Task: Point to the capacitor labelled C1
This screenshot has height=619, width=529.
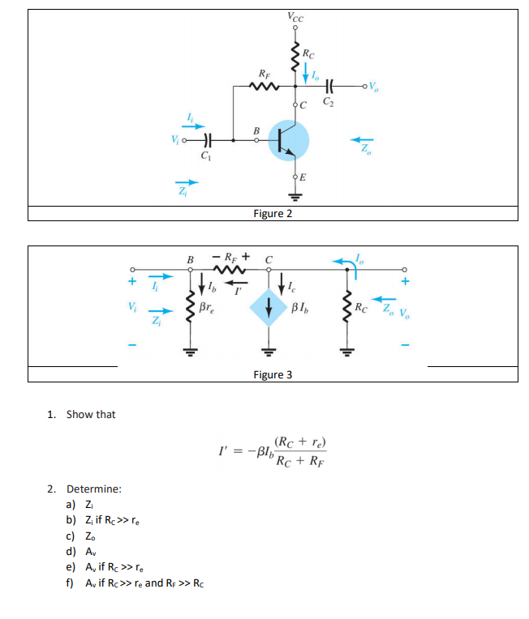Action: tap(207, 139)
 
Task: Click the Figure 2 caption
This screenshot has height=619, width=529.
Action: tap(273, 214)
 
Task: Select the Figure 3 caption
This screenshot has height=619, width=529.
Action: tap(273, 374)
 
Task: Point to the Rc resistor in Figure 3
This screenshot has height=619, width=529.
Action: tap(350, 306)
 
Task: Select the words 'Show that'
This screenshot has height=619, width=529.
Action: tap(91, 414)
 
